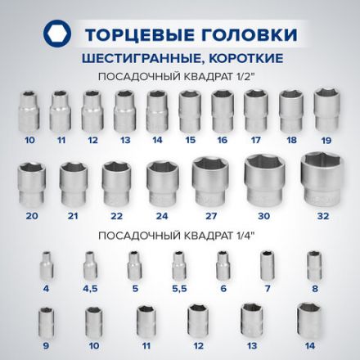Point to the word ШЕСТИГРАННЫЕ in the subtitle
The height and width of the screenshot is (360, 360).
(141, 58)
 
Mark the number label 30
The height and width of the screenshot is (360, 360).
(264, 216)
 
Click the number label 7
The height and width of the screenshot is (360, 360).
(268, 289)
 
